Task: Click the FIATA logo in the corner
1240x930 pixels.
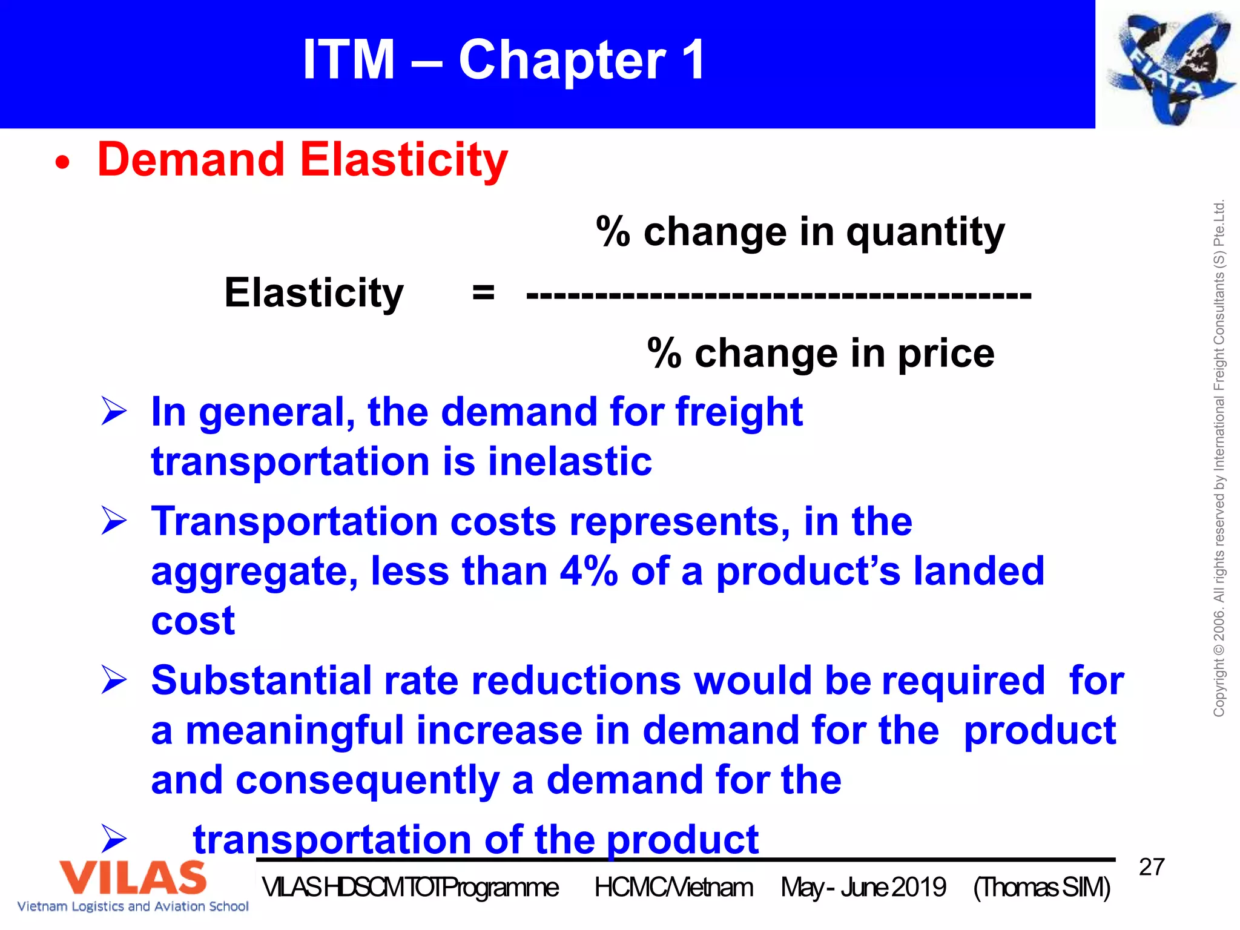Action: point(1169,65)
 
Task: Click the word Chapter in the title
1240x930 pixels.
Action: point(561,60)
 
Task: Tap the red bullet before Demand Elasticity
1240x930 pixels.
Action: point(62,163)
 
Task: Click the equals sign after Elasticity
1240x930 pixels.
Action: point(483,294)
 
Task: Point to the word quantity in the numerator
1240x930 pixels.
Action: point(925,233)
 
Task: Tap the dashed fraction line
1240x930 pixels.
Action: point(779,296)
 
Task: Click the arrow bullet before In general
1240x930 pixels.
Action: point(114,412)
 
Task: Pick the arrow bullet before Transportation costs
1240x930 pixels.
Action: point(114,521)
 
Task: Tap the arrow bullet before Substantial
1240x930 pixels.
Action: point(114,680)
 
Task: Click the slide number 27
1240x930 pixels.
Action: point(1152,867)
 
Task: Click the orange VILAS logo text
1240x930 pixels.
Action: point(133,877)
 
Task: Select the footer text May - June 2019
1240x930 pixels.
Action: point(863,888)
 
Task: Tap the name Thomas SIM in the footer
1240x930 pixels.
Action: point(1042,888)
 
